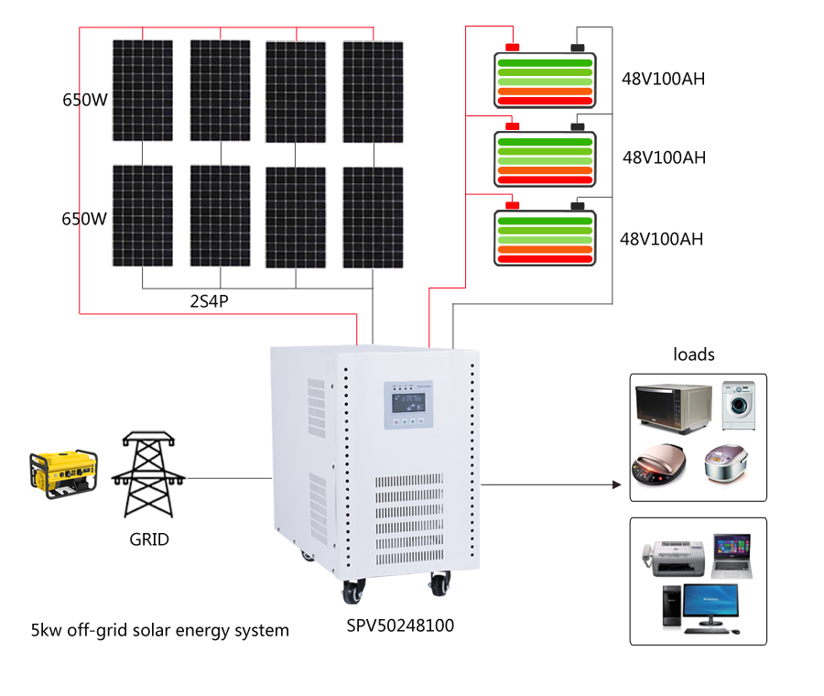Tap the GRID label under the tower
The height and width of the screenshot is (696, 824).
tap(149, 539)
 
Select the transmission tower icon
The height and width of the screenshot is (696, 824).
tap(148, 473)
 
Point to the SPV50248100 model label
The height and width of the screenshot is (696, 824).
tap(400, 626)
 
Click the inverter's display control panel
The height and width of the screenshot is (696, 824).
tap(409, 406)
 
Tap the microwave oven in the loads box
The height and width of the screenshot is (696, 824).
tap(674, 407)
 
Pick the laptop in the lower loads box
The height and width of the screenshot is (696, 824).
tap(731, 555)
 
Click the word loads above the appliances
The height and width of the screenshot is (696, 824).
tap(693, 353)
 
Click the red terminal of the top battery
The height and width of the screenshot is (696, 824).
tap(513, 47)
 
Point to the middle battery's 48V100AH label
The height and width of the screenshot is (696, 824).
tap(664, 158)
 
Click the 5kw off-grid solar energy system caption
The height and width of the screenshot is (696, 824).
tap(160, 630)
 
